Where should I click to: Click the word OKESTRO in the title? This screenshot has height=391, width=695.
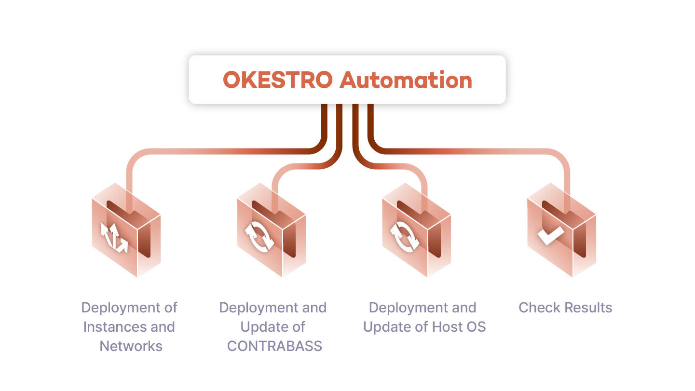278,80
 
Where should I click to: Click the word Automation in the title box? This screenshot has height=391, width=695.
406,80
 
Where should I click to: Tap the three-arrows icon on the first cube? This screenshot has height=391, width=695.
114,238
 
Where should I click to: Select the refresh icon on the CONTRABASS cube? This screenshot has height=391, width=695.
259,237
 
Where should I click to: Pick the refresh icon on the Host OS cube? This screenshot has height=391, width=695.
405,237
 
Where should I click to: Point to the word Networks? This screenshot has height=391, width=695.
131,346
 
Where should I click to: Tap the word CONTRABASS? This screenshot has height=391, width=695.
274,346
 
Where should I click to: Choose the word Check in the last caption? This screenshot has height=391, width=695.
539,308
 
